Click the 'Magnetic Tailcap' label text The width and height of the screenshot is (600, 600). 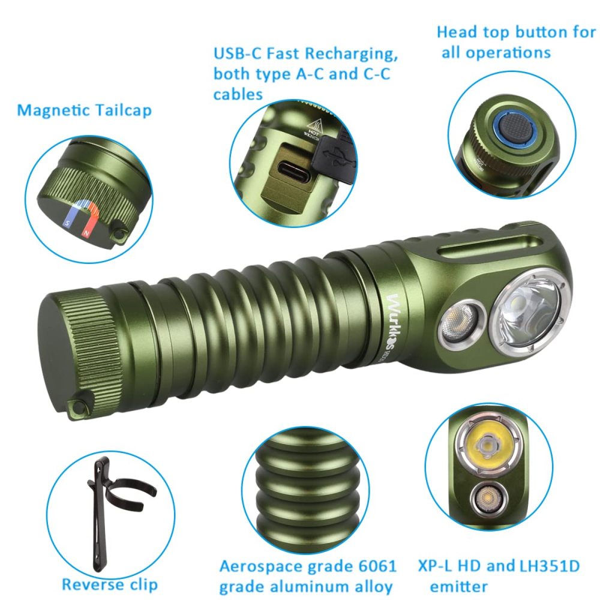[84, 110]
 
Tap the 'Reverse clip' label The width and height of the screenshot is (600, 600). [110, 584]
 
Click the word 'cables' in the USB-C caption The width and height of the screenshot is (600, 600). [238, 94]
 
